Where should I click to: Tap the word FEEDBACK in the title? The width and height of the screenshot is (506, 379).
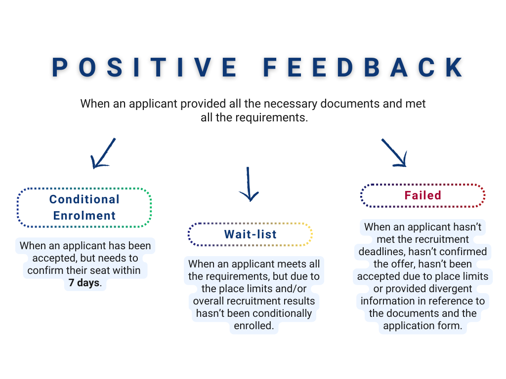363,68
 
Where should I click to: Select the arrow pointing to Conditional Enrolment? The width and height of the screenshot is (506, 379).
103,153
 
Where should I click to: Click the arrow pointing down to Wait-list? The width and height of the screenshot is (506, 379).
249,184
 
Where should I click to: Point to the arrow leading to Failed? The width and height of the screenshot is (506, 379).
394,152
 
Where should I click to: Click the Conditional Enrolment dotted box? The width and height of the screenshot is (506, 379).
84,207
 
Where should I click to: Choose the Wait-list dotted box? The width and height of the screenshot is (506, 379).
250,234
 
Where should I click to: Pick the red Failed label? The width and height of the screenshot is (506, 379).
422,195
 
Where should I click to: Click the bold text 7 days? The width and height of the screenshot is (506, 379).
84,283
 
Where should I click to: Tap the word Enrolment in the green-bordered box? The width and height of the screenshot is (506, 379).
84,216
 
